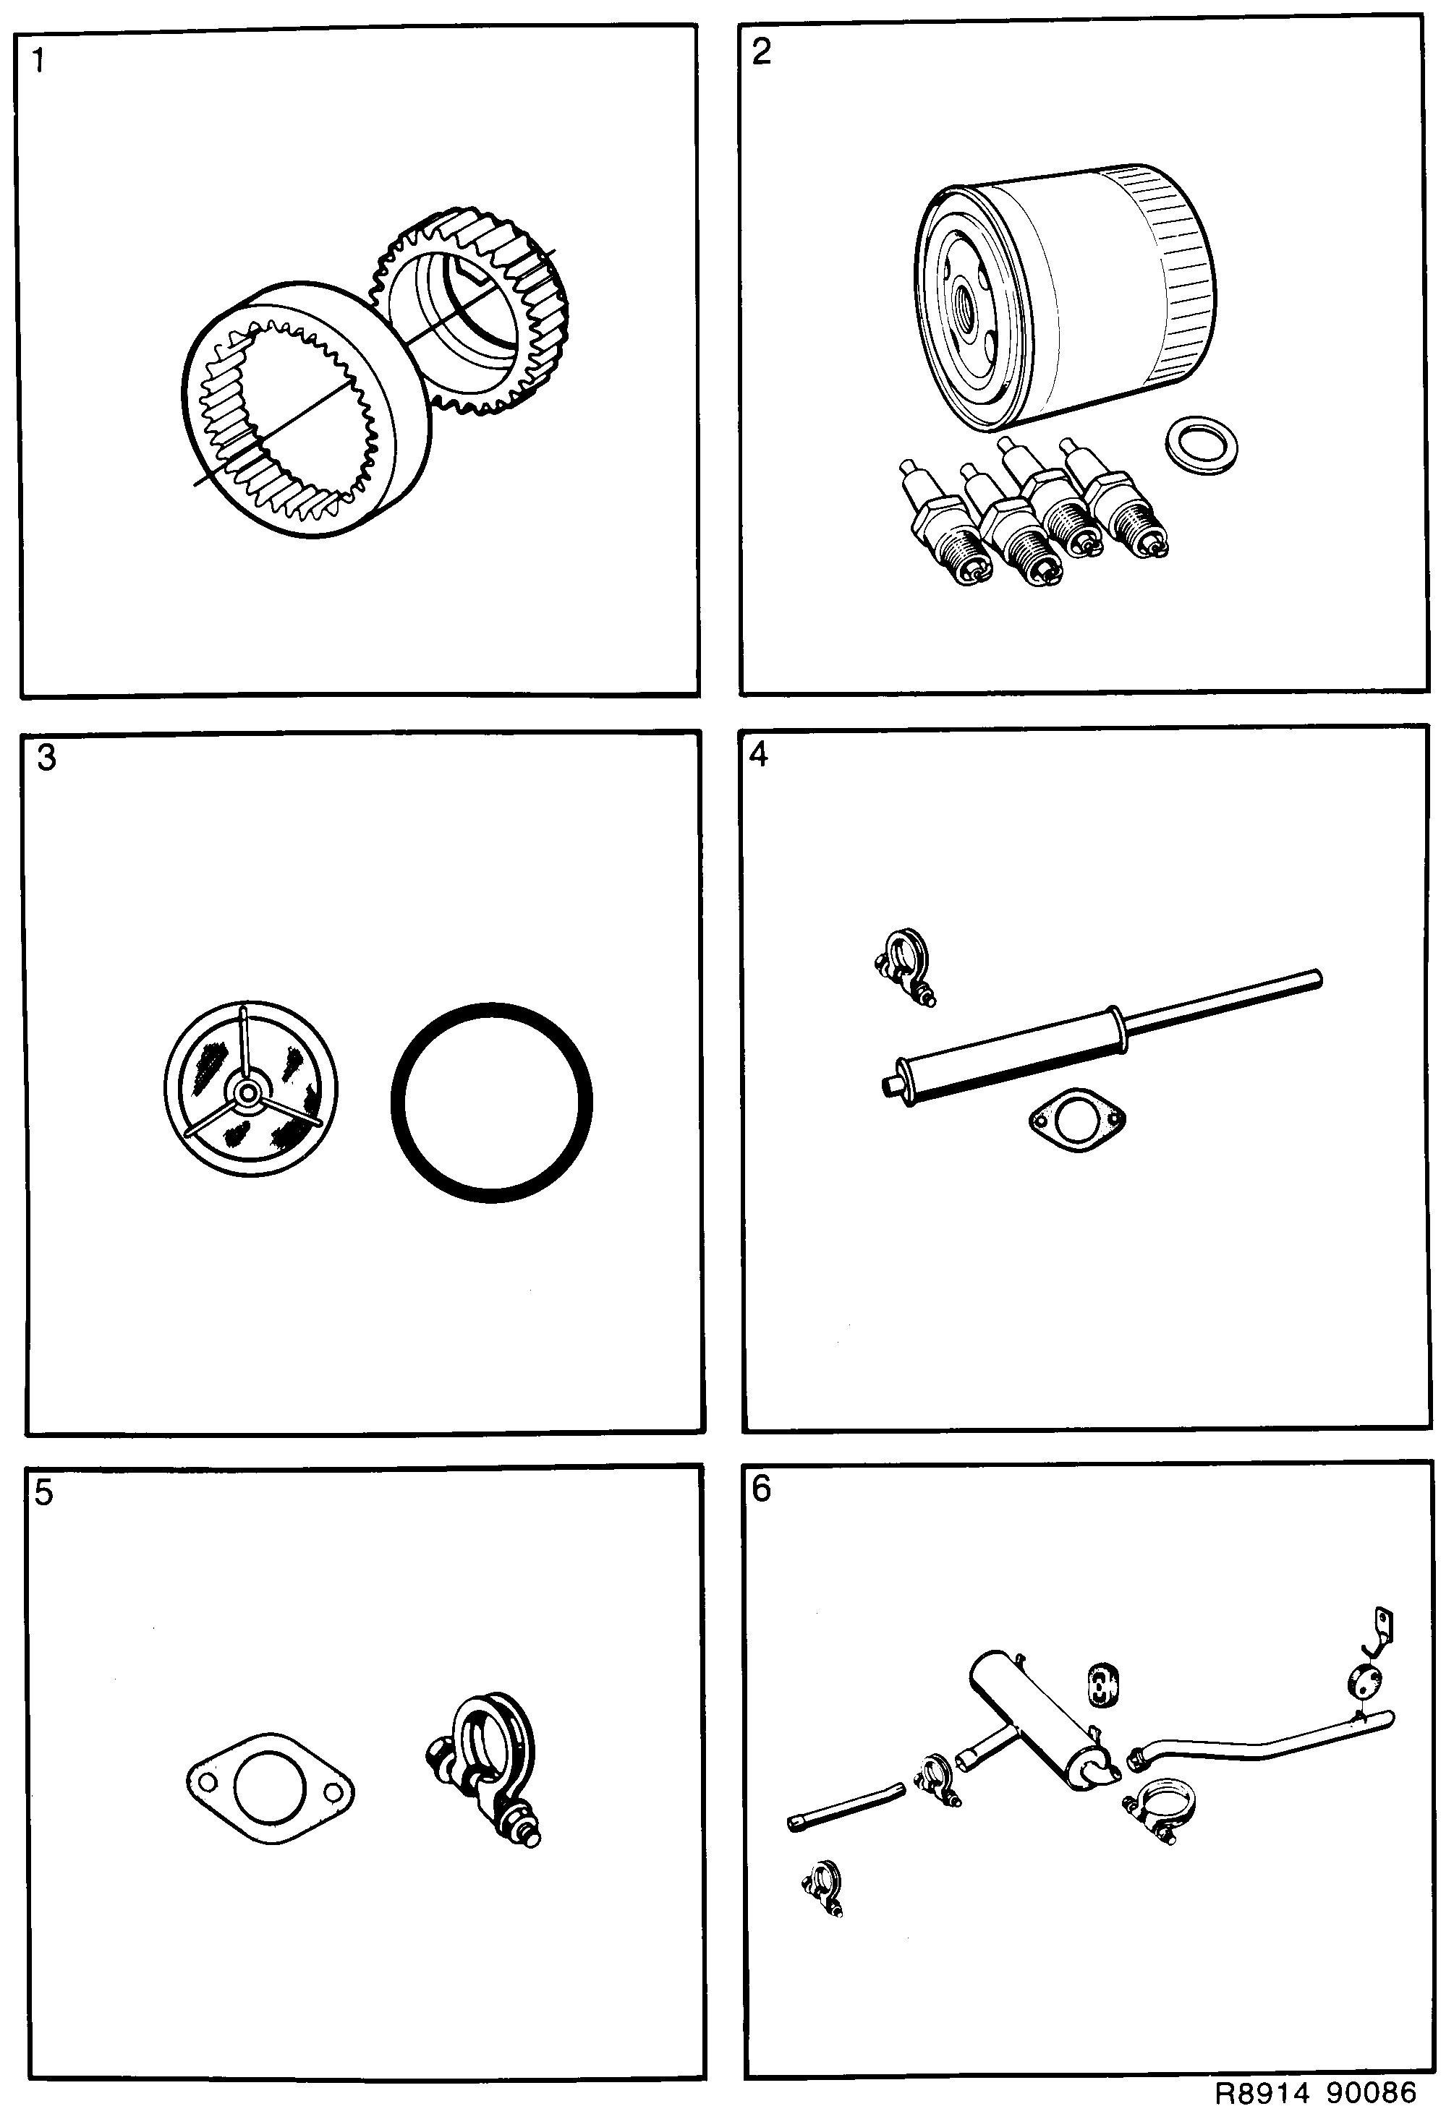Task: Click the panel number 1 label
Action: tap(38, 61)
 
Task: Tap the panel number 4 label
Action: tap(759, 754)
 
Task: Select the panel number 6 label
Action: tap(761, 1489)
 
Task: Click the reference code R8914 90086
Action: tap(1316, 2092)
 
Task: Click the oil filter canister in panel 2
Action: tap(1071, 293)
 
